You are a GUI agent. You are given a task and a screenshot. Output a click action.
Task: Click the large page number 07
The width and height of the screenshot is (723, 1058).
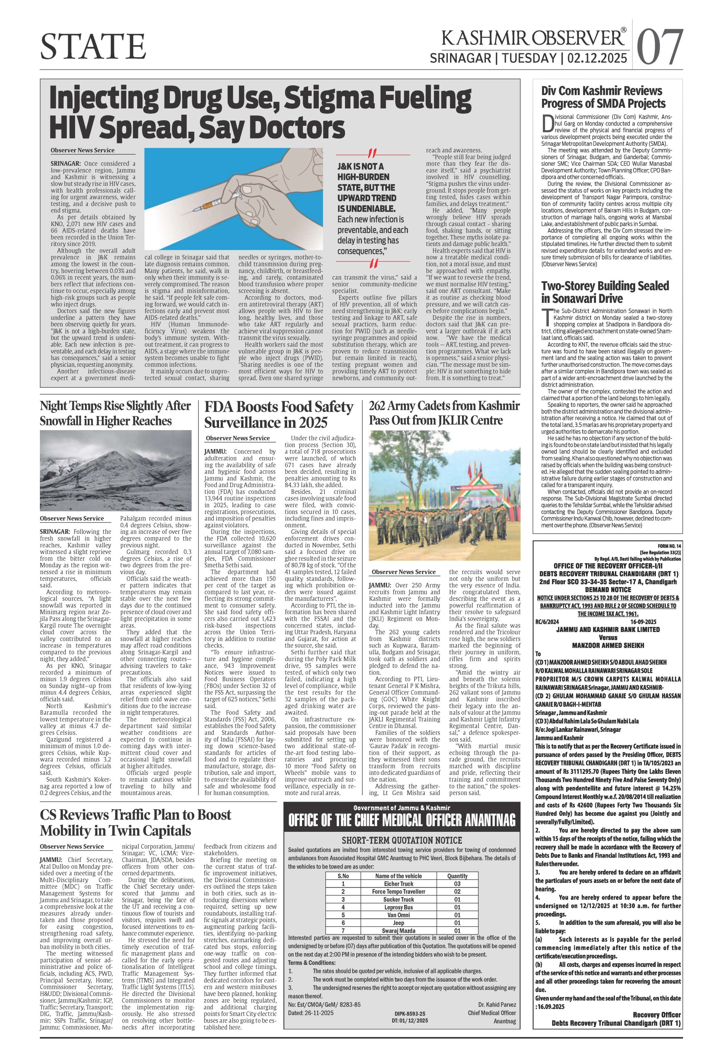[x=660, y=47]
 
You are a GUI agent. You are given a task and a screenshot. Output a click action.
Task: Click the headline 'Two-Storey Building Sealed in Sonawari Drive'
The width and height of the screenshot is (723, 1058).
[x=605, y=292]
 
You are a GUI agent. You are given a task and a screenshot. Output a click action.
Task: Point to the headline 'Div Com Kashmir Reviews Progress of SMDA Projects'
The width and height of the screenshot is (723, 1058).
[x=602, y=97]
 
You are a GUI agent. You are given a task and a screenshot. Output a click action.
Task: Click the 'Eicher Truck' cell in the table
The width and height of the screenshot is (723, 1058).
[x=398, y=883]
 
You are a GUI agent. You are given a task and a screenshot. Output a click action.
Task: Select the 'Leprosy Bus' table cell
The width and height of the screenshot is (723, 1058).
[x=398, y=907]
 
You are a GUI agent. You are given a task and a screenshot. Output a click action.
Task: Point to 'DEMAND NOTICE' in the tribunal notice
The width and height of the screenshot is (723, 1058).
[x=608, y=589]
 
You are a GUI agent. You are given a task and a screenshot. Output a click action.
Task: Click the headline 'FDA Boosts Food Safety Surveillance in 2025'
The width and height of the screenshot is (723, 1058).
[x=279, y=414]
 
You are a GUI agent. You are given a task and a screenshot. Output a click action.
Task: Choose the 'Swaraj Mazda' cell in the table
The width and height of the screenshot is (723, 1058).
[x=398, y=931]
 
